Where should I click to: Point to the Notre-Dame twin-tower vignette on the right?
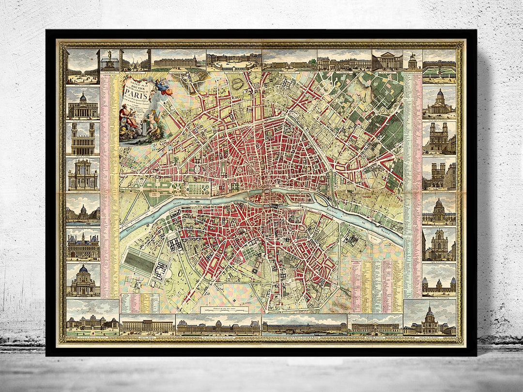(x=439, y=176)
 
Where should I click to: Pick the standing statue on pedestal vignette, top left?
(x=110, y=60)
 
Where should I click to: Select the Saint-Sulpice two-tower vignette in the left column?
(x=83, y=138)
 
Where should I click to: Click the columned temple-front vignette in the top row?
(x=387, y=60)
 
